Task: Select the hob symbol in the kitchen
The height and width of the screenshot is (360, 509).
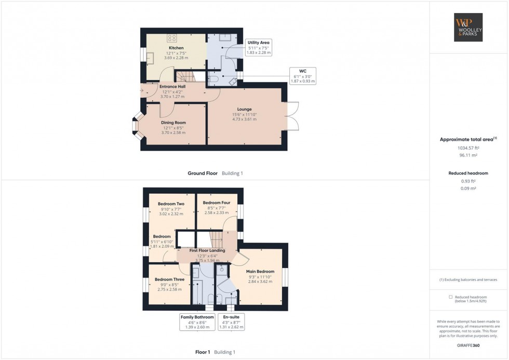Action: click(x=172, y=37)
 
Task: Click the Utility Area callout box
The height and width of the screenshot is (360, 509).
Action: click(x=259, y=47)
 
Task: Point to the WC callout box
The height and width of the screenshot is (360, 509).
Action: click(x=302, y=75)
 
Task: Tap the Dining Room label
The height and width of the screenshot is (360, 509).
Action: click(x=173, y=123)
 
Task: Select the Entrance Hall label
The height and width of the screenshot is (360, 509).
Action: click(x=172, y=86)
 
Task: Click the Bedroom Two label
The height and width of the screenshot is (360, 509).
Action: click(x=171, y=204)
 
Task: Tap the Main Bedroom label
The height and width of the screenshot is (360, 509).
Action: click(x=260, y=271)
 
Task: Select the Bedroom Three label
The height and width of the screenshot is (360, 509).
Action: click(x=169, y=279)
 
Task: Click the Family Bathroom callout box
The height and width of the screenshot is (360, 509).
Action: click(x=197, y=322)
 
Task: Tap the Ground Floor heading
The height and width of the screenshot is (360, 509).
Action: click(x=203, y=173)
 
